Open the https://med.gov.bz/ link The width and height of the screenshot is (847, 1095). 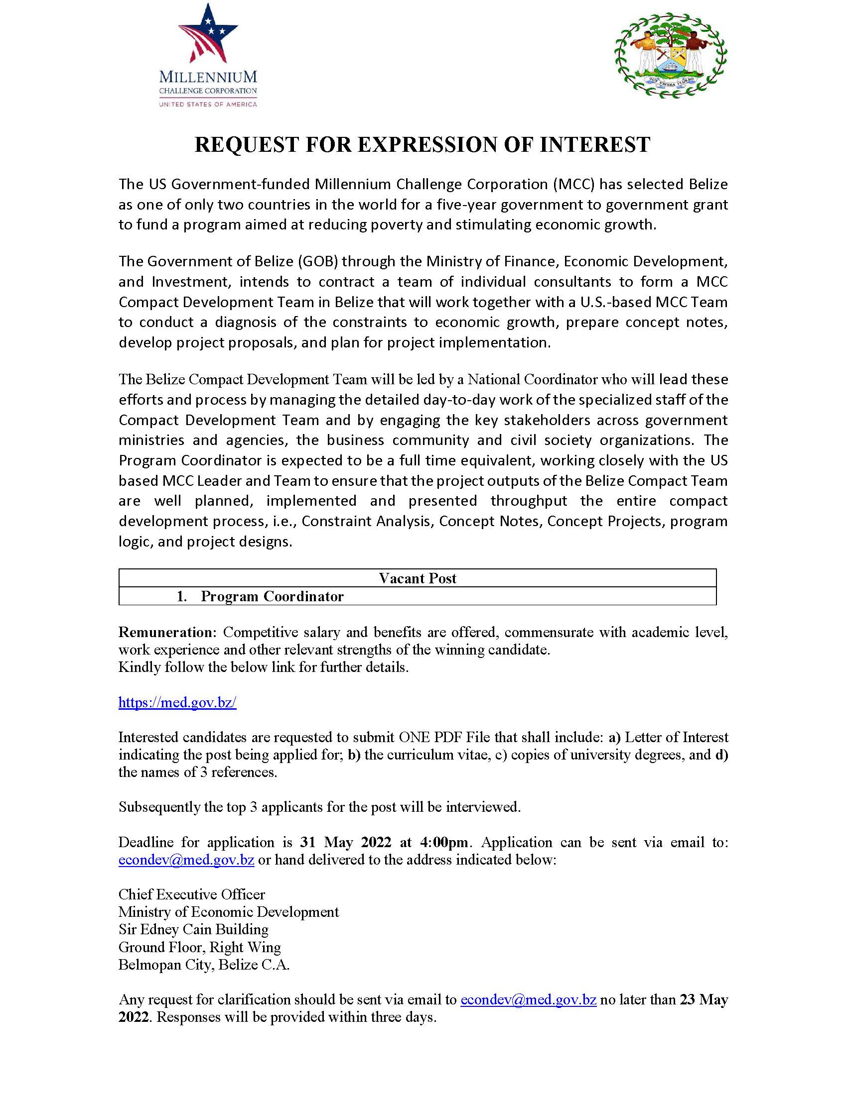pyautogui.click(x=177, y=702)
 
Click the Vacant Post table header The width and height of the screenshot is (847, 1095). pyautogui.click(x=417, y=578)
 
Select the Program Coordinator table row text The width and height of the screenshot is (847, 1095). pyautogui.click(x=272, y=596)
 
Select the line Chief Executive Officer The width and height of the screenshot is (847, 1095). pyautogui.click(x=192, y=894)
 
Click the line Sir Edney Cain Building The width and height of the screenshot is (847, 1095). pyautogui.click(x=193, y=929)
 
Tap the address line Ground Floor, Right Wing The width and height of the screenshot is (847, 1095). pyautogui.click(x=200, y=947)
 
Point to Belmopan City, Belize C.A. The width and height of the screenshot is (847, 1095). pyautogui.click(x=204, y=964)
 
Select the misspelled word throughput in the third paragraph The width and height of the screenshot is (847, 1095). pyautogui.click(x=528, y=501)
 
